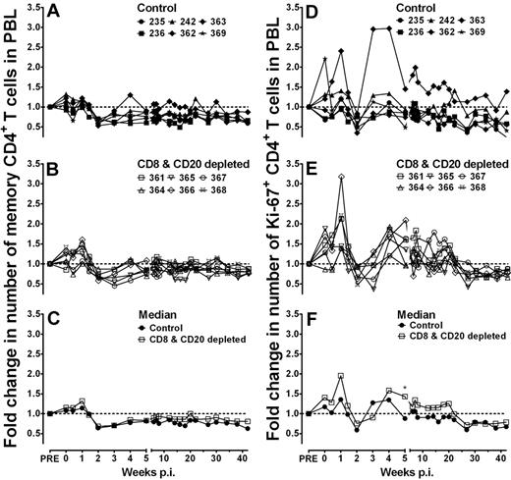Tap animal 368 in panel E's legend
click(476, 184)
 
